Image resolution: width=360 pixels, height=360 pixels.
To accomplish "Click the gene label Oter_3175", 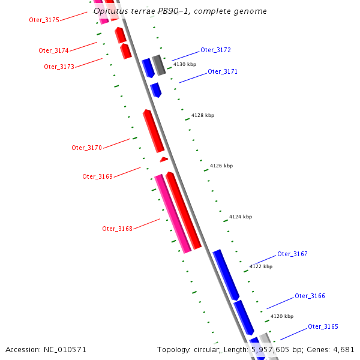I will [44, 20].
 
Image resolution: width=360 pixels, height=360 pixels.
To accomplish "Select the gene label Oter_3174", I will [53, 50].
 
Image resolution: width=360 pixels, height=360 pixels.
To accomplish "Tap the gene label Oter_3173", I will [59, 67].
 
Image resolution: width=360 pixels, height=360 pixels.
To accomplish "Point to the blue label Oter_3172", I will [215, 50].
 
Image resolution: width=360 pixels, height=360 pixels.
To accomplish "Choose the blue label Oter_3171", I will [223, 71].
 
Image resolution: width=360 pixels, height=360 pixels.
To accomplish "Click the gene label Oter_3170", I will [86, 148].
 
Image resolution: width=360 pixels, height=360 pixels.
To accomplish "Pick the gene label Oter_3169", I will [97, 176].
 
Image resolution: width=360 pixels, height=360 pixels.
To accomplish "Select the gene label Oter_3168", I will [117, 229].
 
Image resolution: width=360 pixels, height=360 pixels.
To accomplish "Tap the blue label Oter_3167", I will [292, 254].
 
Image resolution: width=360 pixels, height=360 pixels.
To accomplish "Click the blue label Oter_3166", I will [310, 296].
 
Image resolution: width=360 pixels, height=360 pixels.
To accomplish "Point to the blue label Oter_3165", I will [323, 326].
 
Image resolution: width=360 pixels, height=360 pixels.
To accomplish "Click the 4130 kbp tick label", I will [185, 64].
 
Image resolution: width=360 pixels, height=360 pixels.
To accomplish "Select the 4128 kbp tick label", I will [203, 115].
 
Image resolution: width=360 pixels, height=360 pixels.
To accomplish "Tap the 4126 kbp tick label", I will [221, 166].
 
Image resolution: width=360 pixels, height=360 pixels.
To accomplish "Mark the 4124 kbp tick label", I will [241, 217].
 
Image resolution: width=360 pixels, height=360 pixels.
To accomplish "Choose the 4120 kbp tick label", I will [282, 316].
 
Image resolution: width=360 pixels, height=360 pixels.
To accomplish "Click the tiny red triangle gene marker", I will [164, 160].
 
